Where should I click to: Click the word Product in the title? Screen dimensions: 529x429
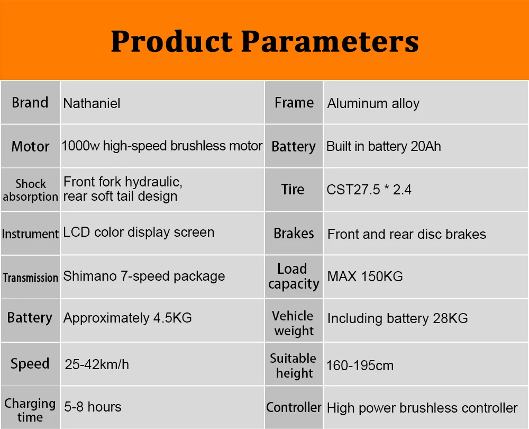(x=172, y=41)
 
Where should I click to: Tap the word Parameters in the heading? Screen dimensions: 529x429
(x=330, y=41)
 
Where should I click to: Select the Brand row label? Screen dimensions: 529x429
(x=30, y=103)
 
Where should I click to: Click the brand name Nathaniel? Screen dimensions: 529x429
(x=92, y=103)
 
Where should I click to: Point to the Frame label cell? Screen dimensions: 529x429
(x=294, y=103)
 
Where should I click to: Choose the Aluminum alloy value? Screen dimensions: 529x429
(x=373, y=104)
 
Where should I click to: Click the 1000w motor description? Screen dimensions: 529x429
(x=162, y=146)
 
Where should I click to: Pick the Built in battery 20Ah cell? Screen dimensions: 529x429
(x=384, y=146)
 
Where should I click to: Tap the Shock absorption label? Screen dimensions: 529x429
(x=30, y=190)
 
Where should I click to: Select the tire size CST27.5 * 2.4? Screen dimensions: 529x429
(x=369, y=190)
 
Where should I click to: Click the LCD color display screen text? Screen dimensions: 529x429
(x=139, y=233)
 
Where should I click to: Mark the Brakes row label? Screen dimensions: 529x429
(x=294, y=234)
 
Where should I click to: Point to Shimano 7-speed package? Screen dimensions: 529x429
(x=144, y=276)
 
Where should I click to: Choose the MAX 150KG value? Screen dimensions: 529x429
(x=365, y=276)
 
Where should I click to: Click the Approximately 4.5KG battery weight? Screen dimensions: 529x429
(x=127, y=318)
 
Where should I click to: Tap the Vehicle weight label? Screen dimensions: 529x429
(x=293, y=323)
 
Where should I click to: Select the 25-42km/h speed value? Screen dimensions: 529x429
(x=97, y=364)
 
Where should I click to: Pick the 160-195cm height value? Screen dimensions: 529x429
(x=360, y=365)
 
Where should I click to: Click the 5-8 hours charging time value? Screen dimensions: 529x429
(x=93, y=407)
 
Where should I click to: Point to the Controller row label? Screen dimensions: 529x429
(x=294, y=407)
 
